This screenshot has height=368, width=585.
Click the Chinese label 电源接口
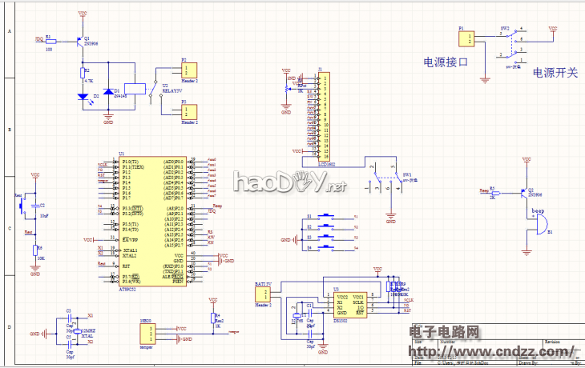point(446,62)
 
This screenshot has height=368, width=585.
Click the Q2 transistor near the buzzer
point(525,194)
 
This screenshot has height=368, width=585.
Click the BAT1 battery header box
point(263,294)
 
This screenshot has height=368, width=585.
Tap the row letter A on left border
point(9,32)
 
